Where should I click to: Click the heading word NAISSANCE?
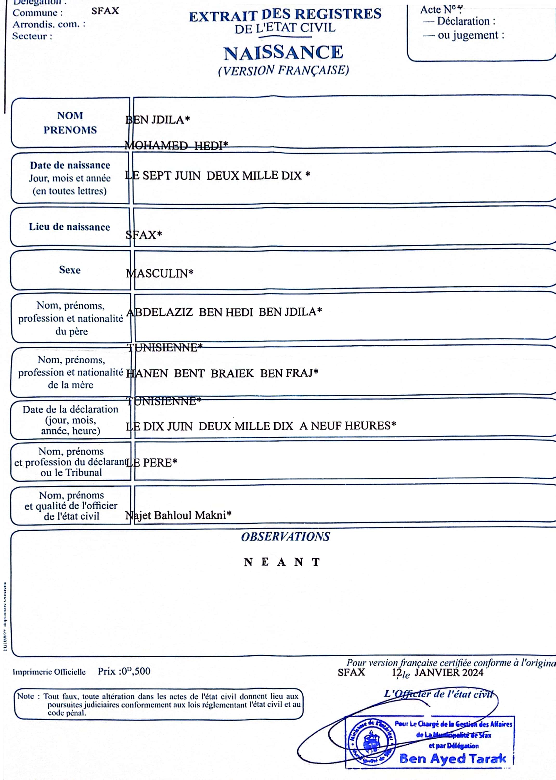click(x=283, y=53)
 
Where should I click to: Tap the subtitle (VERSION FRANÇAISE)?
click(x=283, y=70)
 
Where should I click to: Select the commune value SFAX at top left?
click(x=105, y=11)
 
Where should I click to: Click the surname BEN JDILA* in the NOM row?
click(x=158, y=120)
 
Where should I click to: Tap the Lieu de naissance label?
click(x=69, y=227)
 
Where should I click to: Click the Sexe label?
click(x=70, y=270)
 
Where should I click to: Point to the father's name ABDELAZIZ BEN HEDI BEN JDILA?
click(x=224, y=312)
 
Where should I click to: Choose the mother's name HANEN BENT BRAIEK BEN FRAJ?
click(x=222, y=373)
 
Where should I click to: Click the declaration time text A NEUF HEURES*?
click(x=347, y=426)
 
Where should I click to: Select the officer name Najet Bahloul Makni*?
click(x=178, y=515)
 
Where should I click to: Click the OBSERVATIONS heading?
click(x=286, y=537)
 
